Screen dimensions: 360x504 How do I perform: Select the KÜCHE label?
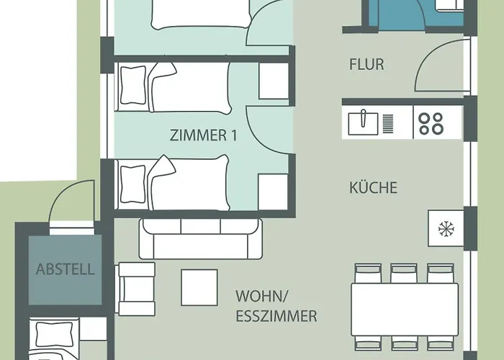[373, 188]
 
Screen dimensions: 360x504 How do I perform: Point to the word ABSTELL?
[65, 270]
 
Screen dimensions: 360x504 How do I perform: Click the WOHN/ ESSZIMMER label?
[276, 306]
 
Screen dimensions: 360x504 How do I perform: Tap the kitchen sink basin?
[364, 123]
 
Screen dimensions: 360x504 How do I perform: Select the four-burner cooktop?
[431, 123]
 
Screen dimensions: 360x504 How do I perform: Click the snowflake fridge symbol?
[446, 229]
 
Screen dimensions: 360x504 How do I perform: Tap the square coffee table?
[199, 286]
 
